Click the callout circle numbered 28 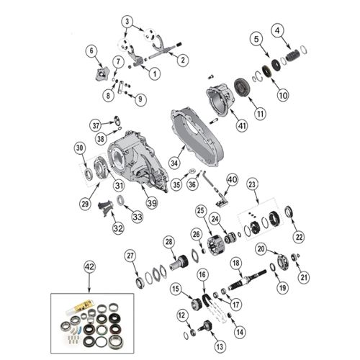[169, 241]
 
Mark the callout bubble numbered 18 [235, 264]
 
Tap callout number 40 [231, 179]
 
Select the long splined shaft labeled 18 [248, 279]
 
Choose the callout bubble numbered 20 [261, 248]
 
